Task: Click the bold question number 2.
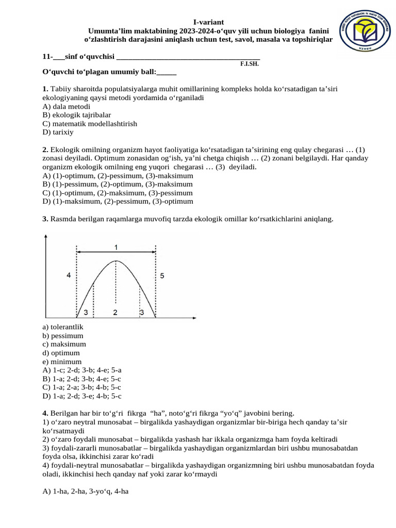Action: click(x=45, y=149)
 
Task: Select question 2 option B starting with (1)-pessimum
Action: click(x=118, y=184)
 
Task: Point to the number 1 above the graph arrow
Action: click(x=116, y=247)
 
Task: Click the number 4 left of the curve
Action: click(x=69, y=276)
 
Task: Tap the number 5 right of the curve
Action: click(x=162, y=276)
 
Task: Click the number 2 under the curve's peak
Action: click(x=115, y=312)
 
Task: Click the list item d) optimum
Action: click(x=61, y=353)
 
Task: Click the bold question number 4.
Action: click(x=45, y=413)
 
